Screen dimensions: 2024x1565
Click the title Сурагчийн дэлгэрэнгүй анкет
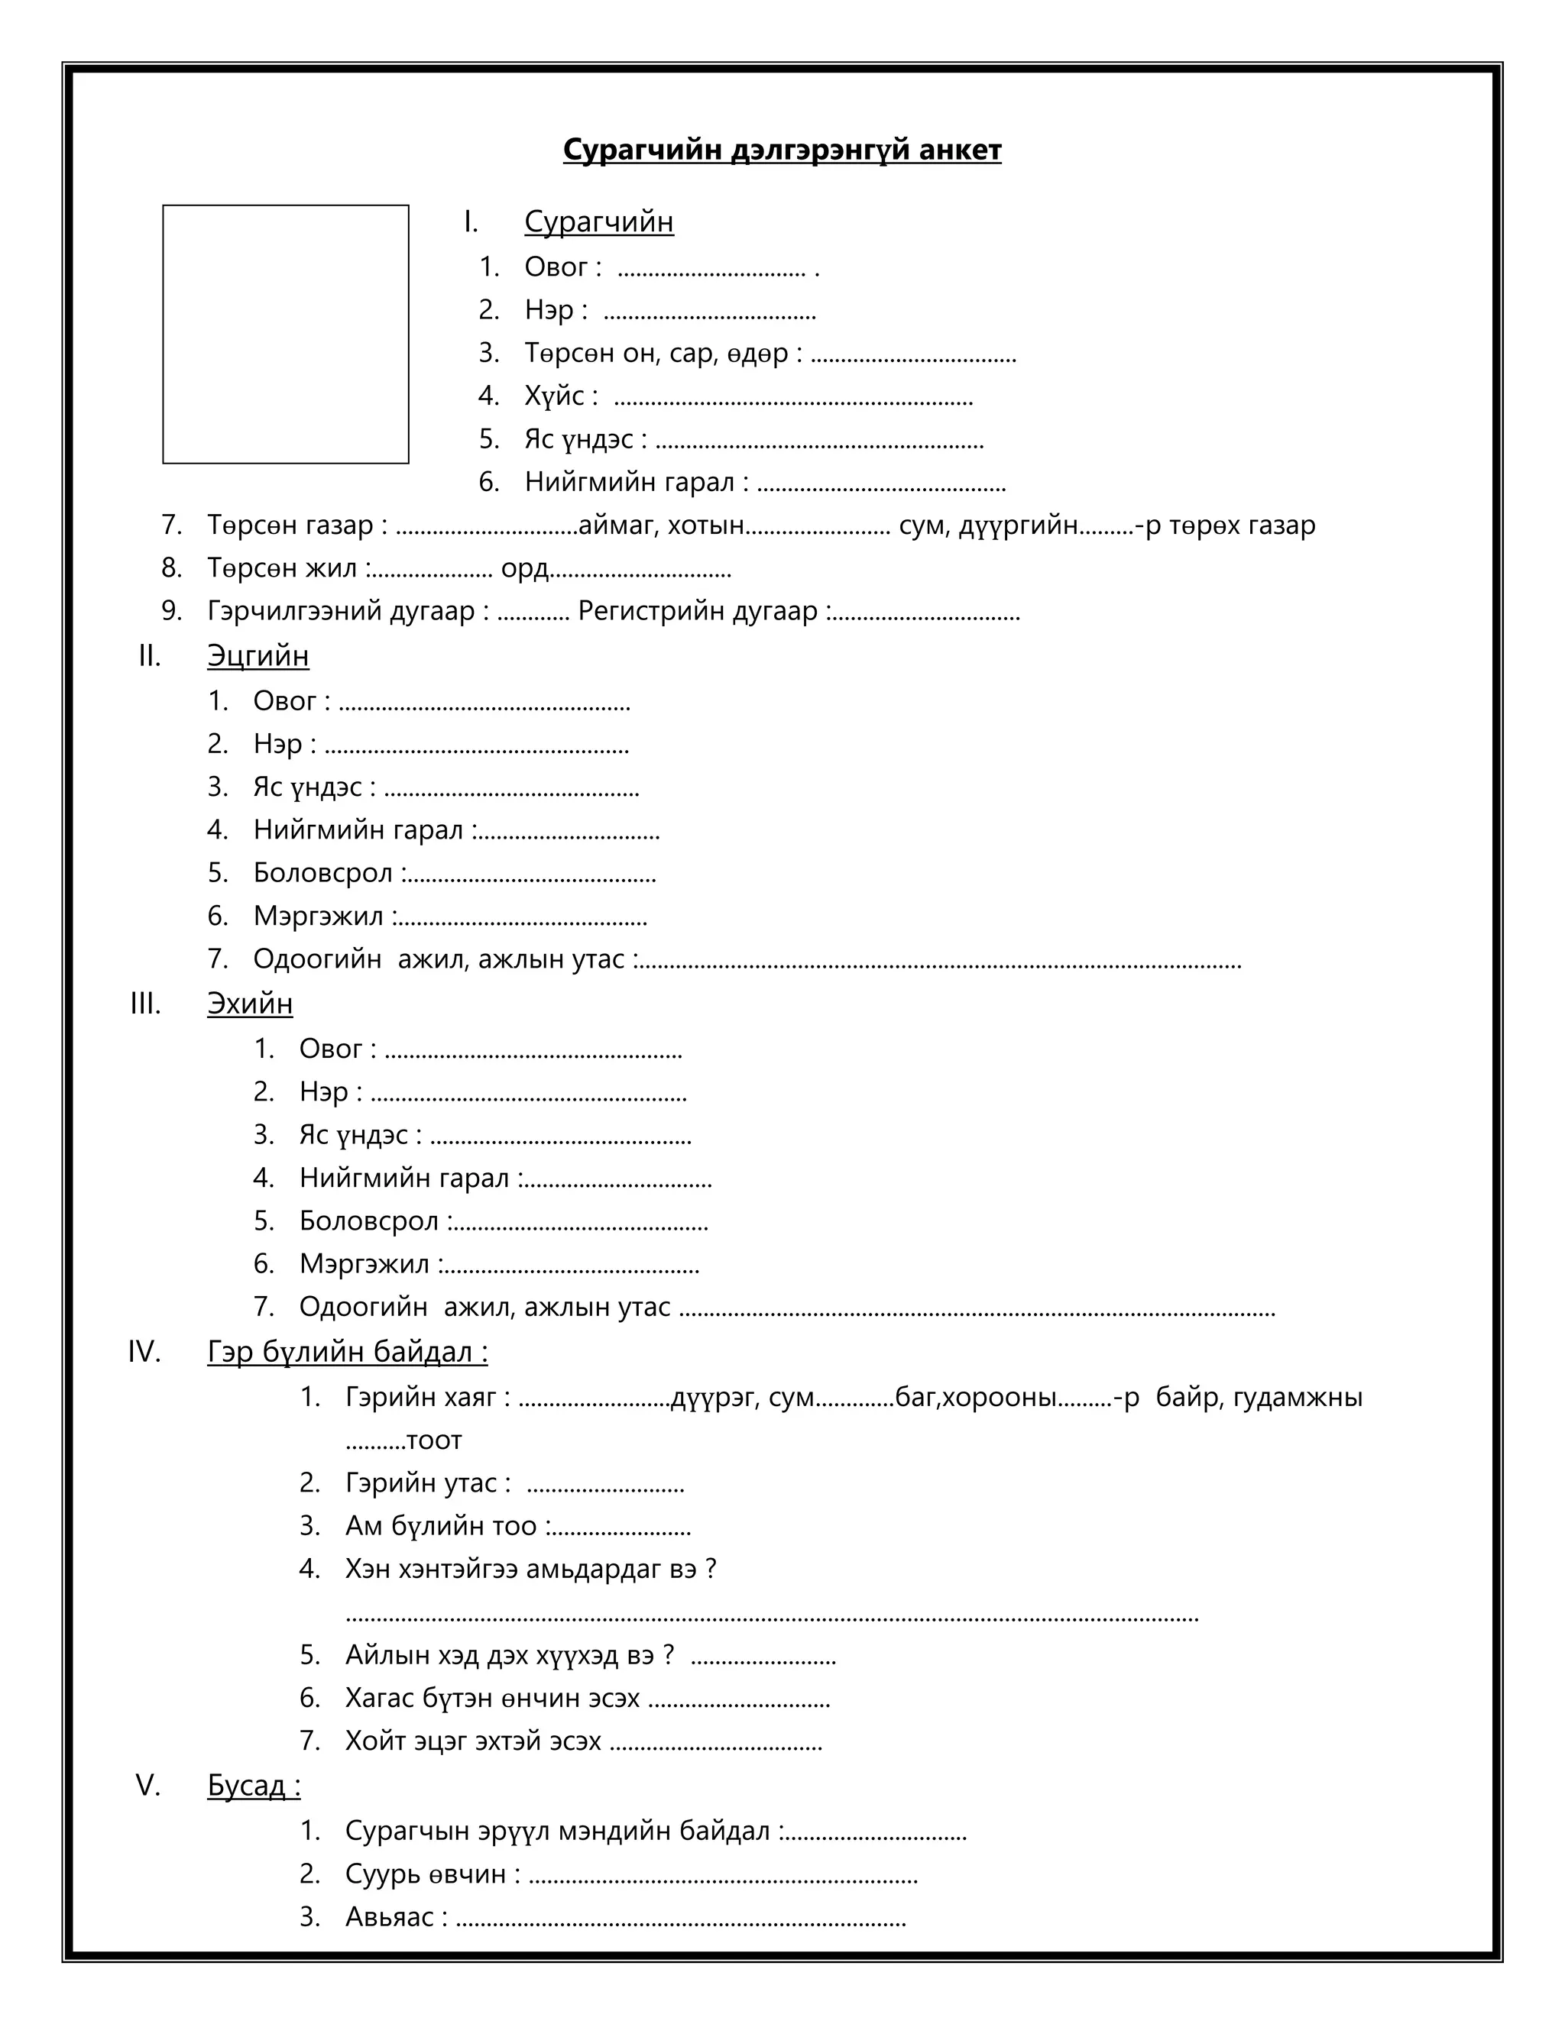(x=782, y=150)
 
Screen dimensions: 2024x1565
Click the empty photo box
(x=286, y=334)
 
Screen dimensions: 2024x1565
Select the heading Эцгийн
(x=258, y=655)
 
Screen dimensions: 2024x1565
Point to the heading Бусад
(x=253, y=1785)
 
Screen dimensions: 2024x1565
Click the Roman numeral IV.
(x=144, y=1352)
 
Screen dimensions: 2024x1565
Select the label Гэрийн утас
(x=426, y=1482)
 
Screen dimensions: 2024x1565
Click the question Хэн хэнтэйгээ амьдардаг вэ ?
(x=530, y=1569)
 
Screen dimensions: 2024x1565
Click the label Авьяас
(x=395, y=1916)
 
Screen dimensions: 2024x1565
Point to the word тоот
(x=433, y=1440)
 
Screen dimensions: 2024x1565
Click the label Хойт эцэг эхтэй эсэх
(x=473, y=1741)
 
